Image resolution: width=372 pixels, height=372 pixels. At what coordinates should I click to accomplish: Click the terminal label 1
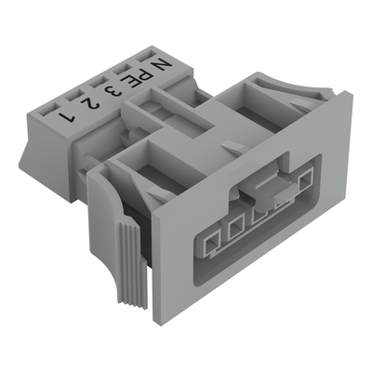pos(67,118)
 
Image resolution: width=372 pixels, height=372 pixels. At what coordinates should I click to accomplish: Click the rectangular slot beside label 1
pos(50,110)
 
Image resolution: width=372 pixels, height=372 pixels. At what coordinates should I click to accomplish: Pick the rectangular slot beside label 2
pos(74,96)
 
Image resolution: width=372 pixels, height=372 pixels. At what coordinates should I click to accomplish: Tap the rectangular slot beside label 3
pos(100,83)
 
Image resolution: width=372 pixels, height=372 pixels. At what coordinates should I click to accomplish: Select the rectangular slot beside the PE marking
pos(123,70)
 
